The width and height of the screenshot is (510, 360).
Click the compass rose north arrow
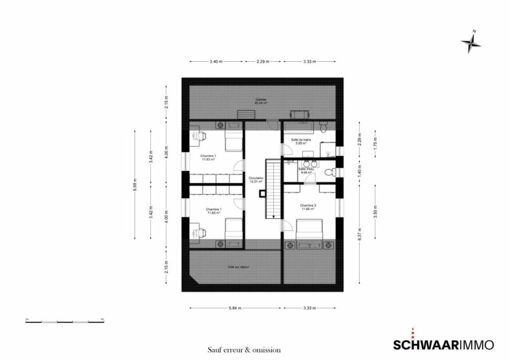click(x=471, y=43)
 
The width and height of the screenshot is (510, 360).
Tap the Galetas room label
click(x=261, y=99)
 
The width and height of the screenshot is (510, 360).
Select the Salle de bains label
click(x=301, y=139)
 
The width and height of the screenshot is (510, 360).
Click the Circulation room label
click(x=256, y=178)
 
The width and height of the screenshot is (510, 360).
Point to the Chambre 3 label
click(x=308, y=205)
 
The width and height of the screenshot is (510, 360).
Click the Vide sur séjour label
click(x=238, y=266)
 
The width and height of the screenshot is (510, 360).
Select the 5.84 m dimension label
click(x=235, y=308)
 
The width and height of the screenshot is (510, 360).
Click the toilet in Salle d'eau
click(x=328, y=173)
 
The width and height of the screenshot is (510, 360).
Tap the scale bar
click(x=65, y=321)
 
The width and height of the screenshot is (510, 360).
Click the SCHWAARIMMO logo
click(x=443, y=345)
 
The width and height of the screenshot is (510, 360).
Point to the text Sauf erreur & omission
click(x=244, y=350)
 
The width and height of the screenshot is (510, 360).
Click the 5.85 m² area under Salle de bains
click(x=301, y=143)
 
